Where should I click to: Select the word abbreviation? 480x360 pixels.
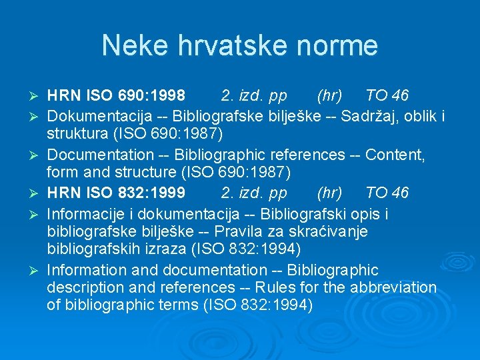pyautogui.click(x=396, y=288)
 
